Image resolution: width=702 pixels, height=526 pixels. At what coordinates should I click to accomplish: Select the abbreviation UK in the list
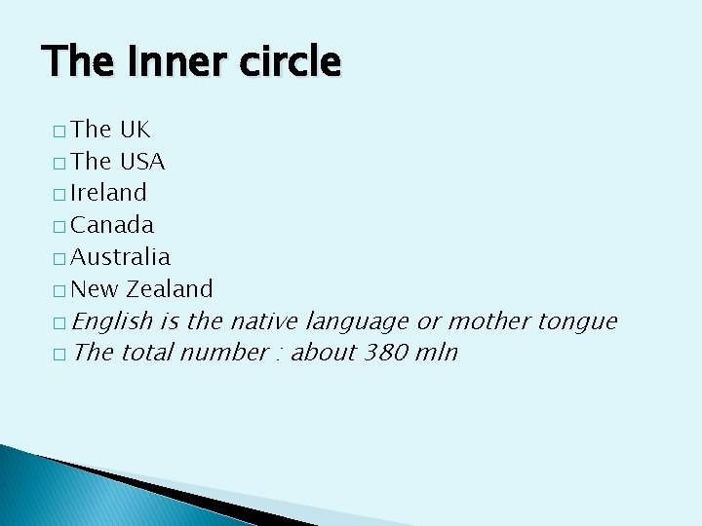point(135,130)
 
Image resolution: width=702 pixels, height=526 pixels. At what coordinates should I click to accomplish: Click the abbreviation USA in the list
point(142,161)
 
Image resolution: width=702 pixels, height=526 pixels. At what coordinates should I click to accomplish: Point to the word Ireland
point(108,193)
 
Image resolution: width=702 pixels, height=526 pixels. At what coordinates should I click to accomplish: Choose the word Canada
point(112,225)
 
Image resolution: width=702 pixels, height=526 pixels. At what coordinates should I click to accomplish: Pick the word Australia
point(121,257)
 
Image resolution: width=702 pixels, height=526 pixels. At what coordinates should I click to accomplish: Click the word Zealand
point(170,289)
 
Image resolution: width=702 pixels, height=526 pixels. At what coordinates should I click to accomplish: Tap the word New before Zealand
point(95,289)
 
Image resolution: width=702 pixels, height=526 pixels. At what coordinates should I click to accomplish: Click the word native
point(264,320)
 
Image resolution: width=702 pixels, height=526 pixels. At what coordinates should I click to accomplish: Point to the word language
point(357,321)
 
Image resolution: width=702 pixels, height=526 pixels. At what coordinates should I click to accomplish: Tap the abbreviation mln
point(435,353)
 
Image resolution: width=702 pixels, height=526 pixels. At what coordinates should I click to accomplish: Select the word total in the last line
point(146,353)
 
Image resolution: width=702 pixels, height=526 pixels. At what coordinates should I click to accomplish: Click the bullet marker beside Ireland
point(59,195)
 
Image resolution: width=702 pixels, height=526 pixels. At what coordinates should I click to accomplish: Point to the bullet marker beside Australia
point(59,259)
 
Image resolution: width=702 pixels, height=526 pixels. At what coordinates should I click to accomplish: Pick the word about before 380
point(325,353)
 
